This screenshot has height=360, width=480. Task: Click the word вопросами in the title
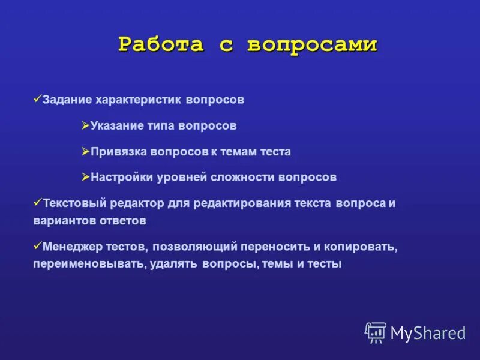(313, 45)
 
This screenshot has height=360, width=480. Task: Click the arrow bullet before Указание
(85, 125)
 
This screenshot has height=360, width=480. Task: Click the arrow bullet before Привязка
(85, 151)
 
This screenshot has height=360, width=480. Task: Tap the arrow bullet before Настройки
(85, 176)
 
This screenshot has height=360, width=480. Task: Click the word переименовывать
(88, 264)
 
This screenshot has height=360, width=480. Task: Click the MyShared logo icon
(376, 332)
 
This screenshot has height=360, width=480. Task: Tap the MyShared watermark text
(428, 333)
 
